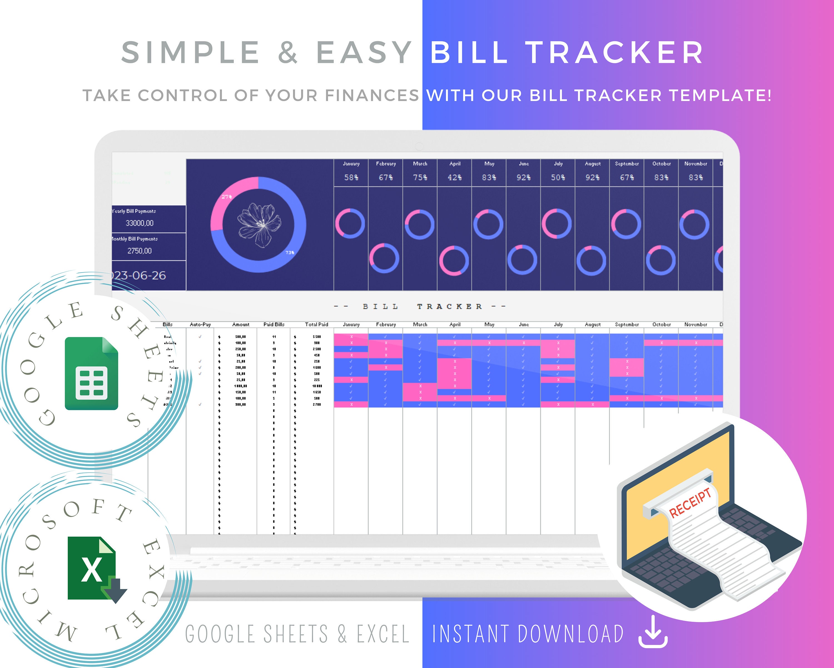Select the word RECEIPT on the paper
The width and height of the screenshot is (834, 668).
click(x=690, y=503)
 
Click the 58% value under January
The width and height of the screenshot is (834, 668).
click(x=351, y=177)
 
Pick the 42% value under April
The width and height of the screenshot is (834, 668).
click(x=455, y=177)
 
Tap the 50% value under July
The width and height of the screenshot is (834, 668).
click(x=558, y=177)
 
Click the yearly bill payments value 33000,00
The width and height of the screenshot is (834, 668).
click(x=140, y=223)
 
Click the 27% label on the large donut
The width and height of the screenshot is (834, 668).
click(x=227, y=197)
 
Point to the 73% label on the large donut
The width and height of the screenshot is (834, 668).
click(x=290, y=252)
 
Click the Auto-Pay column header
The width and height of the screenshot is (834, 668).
click(x=200, y=325)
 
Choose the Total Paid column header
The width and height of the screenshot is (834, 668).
click(x=316, y=325)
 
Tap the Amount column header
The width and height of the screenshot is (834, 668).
click(x=240, y=325)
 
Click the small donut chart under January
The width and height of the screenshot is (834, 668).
click(x=350, y=224)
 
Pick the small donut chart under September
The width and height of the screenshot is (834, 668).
click(x=626, y=224)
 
